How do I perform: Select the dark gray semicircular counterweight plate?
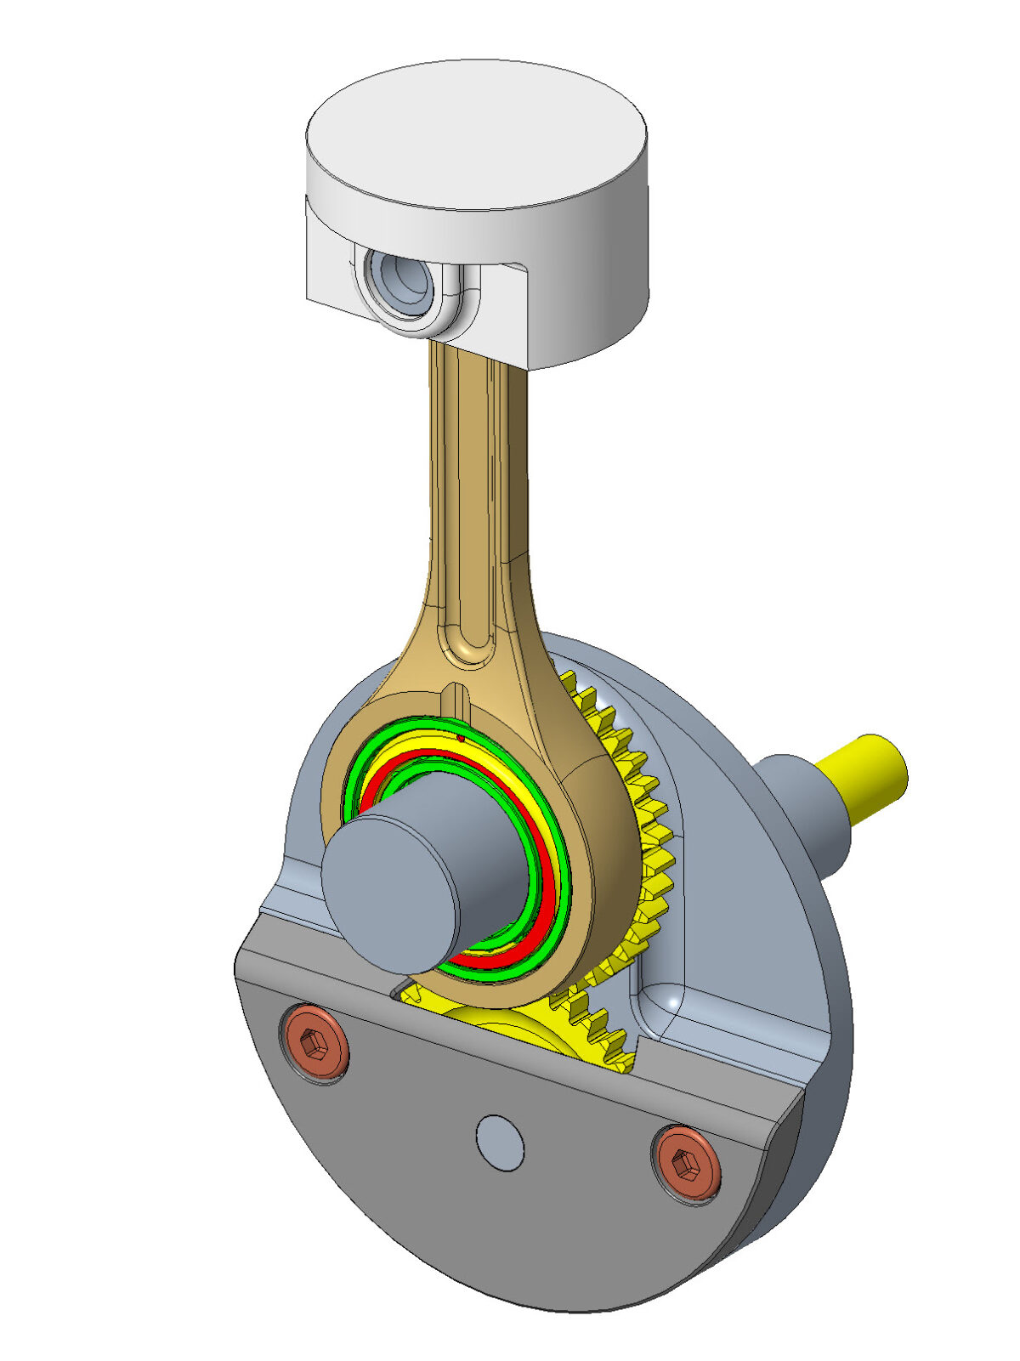[510, 1207]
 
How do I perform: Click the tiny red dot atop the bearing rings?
[461, 739]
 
